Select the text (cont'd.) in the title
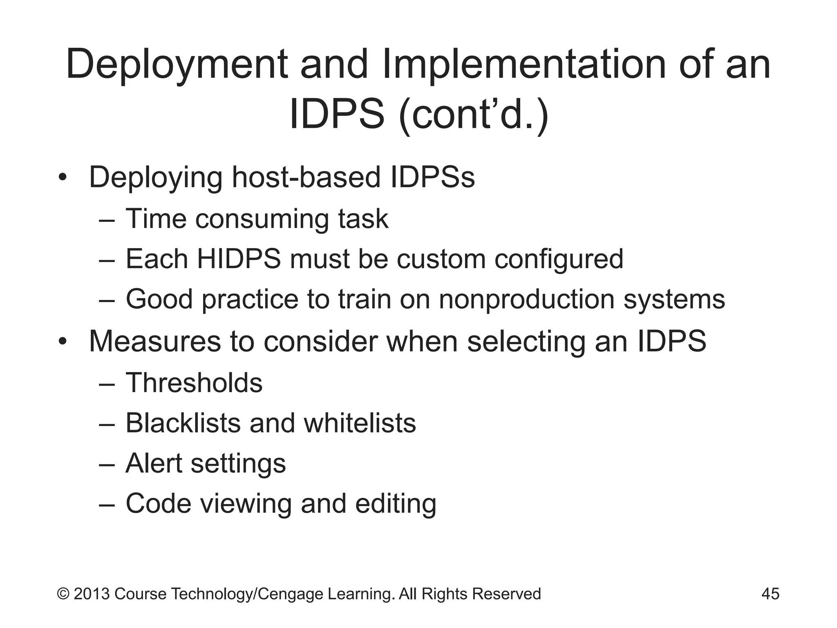coord(474,115)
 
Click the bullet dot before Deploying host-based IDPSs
coord(62,178)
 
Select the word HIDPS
coord(239,259)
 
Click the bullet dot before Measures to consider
coord(62,341)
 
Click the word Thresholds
coord(194,383)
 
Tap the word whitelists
coord(360,423)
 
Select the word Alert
coord(154,463)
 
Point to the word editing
coord(396,504)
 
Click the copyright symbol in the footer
coord(63,594)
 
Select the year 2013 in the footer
coord(92,594)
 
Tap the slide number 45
coord(770,594)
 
